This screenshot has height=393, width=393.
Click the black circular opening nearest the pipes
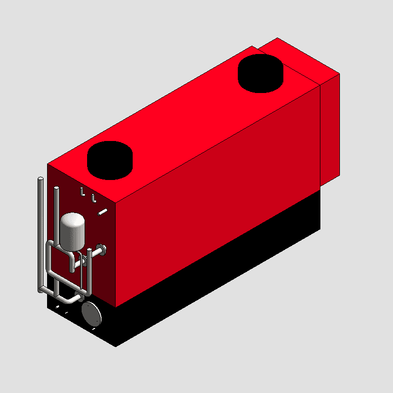click(x=110, y=160)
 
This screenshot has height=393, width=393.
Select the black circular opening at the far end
click(x=261, y=73)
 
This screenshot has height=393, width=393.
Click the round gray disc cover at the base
click(x=91, y=313)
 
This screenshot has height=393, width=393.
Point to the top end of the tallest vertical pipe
click(x=40, y=179)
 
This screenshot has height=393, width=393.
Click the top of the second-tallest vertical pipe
click(x=57, y=189)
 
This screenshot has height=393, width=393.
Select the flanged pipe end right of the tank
click(x=102, y=249)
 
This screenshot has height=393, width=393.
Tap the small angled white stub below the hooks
click(x=103, y=212)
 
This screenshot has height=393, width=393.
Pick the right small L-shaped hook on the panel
click(x=93, y=199)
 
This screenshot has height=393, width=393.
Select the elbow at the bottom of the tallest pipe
click(x=41, y=288)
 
